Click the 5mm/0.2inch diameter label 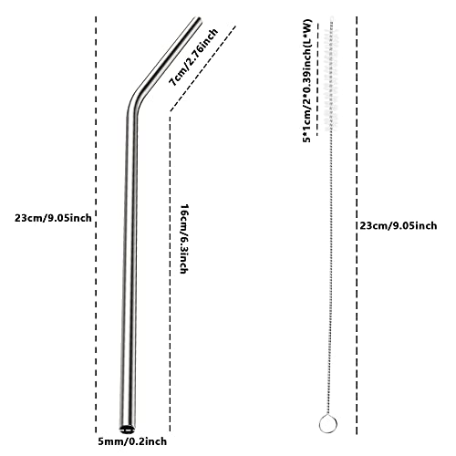(132, 441)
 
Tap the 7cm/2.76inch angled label (193, 57)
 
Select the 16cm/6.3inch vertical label (183, 239)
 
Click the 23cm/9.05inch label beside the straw (53, 218)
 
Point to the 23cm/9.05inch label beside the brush (399, 225)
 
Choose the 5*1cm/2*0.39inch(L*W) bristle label (307, 81)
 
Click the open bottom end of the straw (127, 429)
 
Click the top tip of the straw (197, 19)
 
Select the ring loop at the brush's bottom (328, 423)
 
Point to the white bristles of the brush (330, 75)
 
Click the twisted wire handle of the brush (329, 274)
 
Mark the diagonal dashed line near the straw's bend (202, 68)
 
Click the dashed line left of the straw (96, 225)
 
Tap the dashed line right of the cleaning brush (357, 225)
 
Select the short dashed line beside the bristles (317, 79)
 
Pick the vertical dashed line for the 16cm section (170, 272)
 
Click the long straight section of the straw (130, 267)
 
